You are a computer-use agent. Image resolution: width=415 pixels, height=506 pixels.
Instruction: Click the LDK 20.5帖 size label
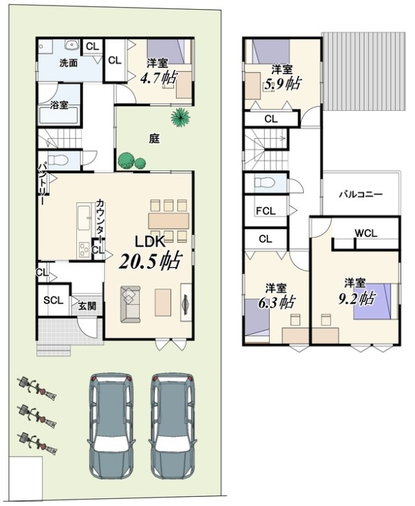point(150,261)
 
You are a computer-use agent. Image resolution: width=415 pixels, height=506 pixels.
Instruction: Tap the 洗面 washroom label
point(68,63)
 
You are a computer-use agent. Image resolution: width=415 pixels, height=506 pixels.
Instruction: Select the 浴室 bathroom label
point(59,105)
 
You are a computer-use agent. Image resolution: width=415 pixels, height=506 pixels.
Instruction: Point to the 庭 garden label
point(154,138)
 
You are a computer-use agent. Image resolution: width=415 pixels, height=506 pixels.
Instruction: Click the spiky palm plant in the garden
point(180,117)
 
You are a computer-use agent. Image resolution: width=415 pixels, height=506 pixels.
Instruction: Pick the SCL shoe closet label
point(53,300)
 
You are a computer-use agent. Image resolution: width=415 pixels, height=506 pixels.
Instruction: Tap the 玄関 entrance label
point(87,306)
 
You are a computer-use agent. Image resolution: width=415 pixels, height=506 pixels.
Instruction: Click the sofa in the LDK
point(131,304)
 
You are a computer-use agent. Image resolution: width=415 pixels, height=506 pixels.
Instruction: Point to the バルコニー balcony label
point(361,194)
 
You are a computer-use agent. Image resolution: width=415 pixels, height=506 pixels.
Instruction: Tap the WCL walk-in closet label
point(366,232)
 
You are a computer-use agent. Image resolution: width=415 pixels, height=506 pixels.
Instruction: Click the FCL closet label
point(265,211)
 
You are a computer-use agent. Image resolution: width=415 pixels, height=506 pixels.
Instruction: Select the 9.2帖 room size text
point(356,298)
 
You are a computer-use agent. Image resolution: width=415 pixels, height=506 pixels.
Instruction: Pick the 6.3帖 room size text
point(276,302)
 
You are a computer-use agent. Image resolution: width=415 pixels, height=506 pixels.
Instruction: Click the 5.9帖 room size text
point(282,84)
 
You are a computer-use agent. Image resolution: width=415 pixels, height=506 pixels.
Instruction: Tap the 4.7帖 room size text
point(159,77)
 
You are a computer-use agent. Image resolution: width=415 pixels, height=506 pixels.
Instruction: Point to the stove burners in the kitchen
point(85,249)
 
